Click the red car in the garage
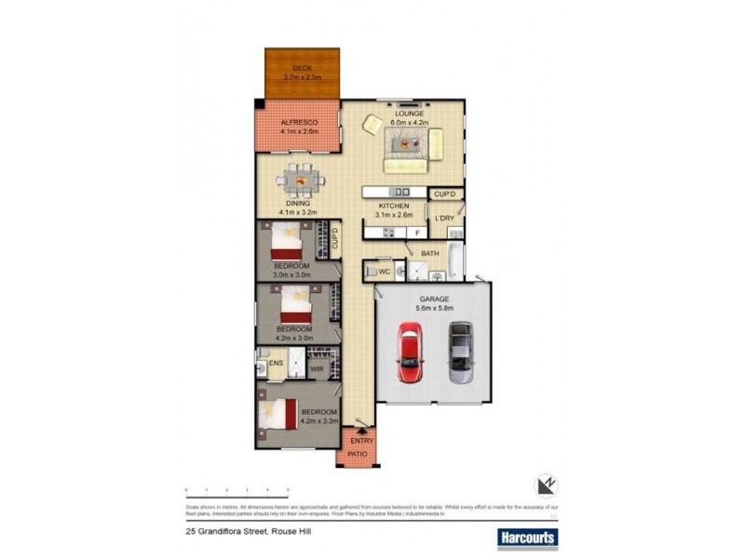tap(411, 352)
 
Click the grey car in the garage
tap(460, 352)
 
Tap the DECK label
tap(302, 68)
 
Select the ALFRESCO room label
tap(300, 123)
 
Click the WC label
tap(384, 272)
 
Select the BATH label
tap(429, 253)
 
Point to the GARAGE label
tap(432, 299)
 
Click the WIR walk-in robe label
tap(316, 368)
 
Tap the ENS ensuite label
tap(276, 363)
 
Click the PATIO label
tap(357, 454)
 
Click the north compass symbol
tap(546, 486)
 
